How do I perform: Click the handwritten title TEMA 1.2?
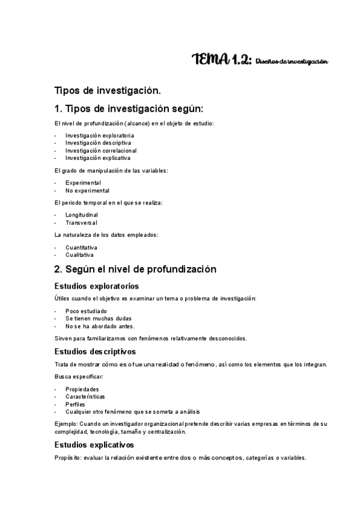(x=221, y=60)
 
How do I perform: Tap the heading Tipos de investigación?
(x=108, y=91)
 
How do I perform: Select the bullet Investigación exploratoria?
(x=91, y=136)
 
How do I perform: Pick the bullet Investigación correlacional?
(x=93, y=150)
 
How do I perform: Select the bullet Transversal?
(x=81, y=223)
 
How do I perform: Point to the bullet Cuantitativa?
(x=81, y=247)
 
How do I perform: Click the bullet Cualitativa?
(x=80, y=254)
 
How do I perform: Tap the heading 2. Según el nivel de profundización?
(x=135, y=269)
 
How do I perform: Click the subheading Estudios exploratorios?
(x=97, y=286)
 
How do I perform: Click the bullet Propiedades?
(x=82, y=389)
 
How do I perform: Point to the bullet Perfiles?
(x=76, y=404)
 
